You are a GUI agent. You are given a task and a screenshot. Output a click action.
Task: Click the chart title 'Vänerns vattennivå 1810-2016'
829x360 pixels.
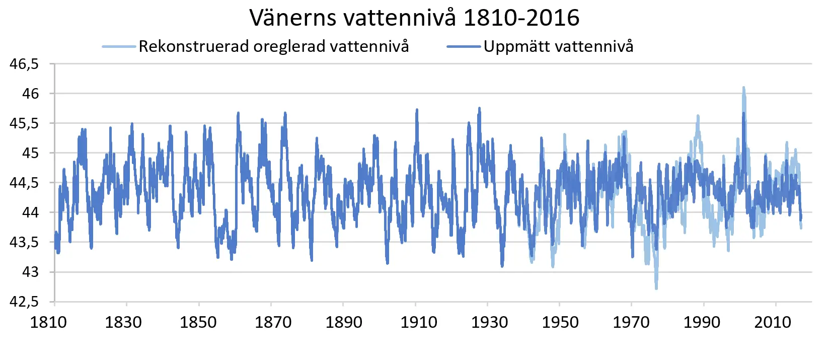(414, 18)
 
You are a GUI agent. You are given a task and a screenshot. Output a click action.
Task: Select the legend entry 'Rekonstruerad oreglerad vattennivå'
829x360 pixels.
(273, 46)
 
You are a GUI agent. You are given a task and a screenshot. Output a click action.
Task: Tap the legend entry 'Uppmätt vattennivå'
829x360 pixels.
(558, 46)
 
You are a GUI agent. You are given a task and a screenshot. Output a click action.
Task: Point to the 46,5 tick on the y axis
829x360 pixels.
(24, 64)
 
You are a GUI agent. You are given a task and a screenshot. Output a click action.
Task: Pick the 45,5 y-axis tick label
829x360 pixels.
(24, 123)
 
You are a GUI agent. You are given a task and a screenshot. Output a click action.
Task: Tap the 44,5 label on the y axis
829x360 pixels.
(24, 183)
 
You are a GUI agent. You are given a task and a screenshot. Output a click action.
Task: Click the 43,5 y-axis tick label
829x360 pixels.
(24, 242)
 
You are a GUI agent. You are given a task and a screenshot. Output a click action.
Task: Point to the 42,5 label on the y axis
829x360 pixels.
(24, 302)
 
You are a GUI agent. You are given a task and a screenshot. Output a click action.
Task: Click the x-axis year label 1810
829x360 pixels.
(48, 322)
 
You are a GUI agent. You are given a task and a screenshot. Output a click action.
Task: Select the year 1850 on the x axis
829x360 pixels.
(198, 322)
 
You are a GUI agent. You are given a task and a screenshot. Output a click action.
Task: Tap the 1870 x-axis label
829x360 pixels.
(273, 322)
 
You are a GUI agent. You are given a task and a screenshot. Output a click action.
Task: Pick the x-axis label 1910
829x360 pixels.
(418, 322)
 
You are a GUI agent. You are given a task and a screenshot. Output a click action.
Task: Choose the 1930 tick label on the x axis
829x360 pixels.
(489, 322)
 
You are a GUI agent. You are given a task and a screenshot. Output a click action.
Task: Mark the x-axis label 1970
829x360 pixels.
(631, 322)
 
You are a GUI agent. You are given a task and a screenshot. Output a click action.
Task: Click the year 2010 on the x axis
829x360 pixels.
(773, 322)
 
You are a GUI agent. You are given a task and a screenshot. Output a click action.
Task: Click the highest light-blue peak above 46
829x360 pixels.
(743, 88)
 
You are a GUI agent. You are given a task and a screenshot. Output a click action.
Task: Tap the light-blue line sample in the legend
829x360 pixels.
(119, 47)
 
